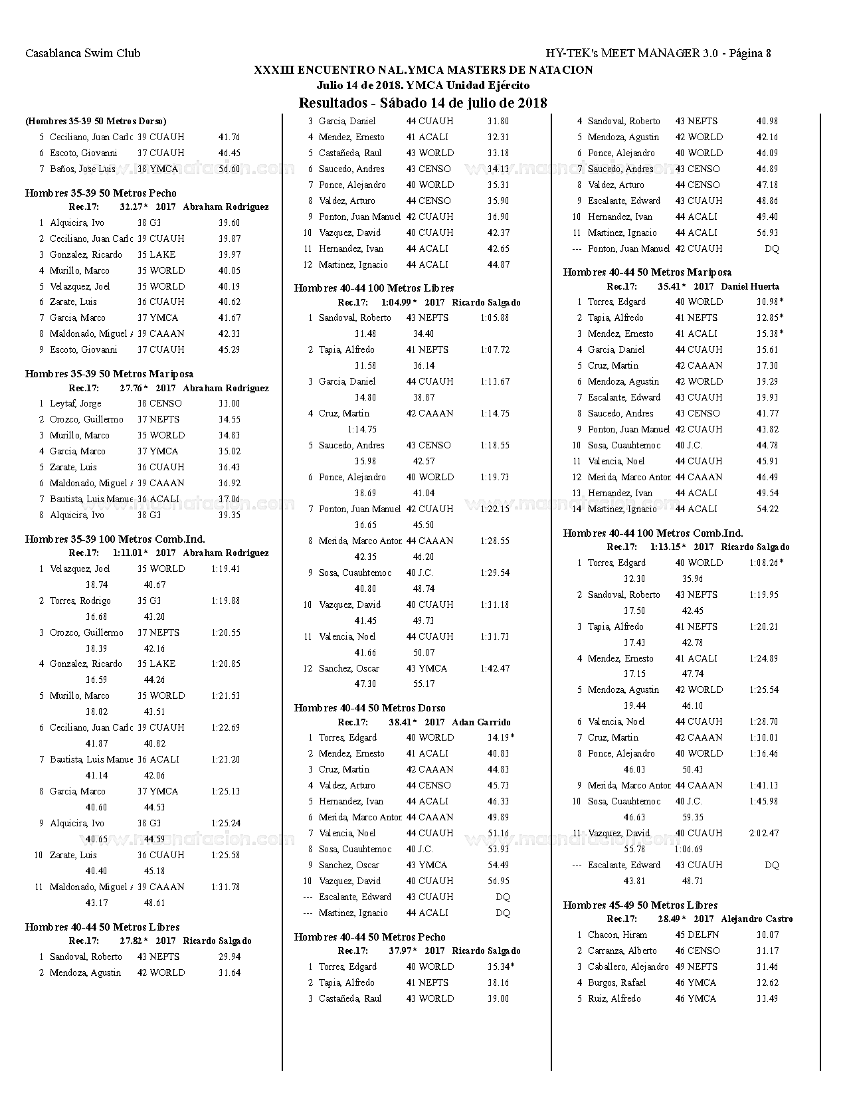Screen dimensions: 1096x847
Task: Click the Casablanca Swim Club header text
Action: tap(83, 53)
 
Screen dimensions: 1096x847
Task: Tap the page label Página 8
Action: tap(750, 53)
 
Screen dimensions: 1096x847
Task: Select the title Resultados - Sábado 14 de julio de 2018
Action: tap(423, 103)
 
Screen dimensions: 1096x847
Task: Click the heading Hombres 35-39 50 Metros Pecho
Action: tap(101, 193)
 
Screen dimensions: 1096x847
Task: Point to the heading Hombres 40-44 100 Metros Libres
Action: tap(374, 288)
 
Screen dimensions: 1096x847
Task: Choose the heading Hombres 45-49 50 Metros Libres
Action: tap(640, 905)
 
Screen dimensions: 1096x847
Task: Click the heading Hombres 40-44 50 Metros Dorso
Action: tap(370, 708)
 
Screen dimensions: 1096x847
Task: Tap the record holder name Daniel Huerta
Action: tap(750, 286)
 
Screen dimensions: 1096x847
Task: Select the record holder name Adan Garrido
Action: tap(481, 722)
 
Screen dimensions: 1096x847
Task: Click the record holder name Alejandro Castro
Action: tap(757, 919)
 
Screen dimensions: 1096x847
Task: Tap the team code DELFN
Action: tap(704, 935)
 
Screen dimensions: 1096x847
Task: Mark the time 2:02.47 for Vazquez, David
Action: tap(764, 833)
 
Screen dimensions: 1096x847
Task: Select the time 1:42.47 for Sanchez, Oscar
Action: tap(495, 668)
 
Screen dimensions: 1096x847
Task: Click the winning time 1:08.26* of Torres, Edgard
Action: tap(766, 563)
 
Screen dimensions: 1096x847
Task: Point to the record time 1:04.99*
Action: tap(399, 302)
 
